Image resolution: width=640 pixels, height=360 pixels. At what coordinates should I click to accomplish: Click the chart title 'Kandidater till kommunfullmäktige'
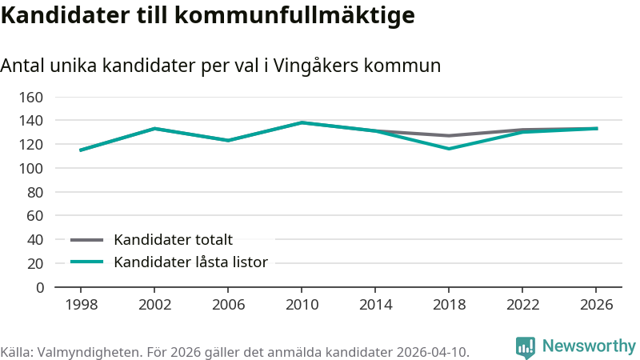208,16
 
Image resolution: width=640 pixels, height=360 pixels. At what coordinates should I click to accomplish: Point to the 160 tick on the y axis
31,97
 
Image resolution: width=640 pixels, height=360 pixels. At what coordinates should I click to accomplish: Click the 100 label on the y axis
31,168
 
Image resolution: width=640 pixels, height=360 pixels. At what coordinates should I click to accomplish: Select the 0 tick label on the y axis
39,288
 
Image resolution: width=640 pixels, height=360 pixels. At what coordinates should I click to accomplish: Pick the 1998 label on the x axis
82,305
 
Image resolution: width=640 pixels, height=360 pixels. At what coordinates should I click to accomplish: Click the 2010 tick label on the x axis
302,305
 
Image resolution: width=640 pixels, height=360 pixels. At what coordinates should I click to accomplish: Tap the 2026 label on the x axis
596,305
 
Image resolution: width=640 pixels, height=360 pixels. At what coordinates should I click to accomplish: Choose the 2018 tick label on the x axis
449,305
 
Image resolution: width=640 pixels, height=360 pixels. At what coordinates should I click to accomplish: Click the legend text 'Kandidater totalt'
173,239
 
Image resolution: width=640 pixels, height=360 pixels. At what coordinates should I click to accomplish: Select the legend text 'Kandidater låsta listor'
190,262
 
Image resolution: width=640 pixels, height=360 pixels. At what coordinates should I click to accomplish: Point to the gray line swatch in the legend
87,240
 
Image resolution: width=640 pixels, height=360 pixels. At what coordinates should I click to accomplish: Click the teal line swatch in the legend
87,262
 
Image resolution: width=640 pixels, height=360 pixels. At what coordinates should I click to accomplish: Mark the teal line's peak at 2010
302,122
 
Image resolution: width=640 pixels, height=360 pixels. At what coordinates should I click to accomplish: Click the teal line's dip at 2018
449,149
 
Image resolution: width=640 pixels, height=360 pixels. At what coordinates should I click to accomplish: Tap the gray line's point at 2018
449,135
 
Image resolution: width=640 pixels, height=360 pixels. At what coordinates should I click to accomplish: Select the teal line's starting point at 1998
81,150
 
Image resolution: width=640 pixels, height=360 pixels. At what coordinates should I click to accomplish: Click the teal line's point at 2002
154,129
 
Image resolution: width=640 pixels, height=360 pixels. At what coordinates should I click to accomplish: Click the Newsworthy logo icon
526,348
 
